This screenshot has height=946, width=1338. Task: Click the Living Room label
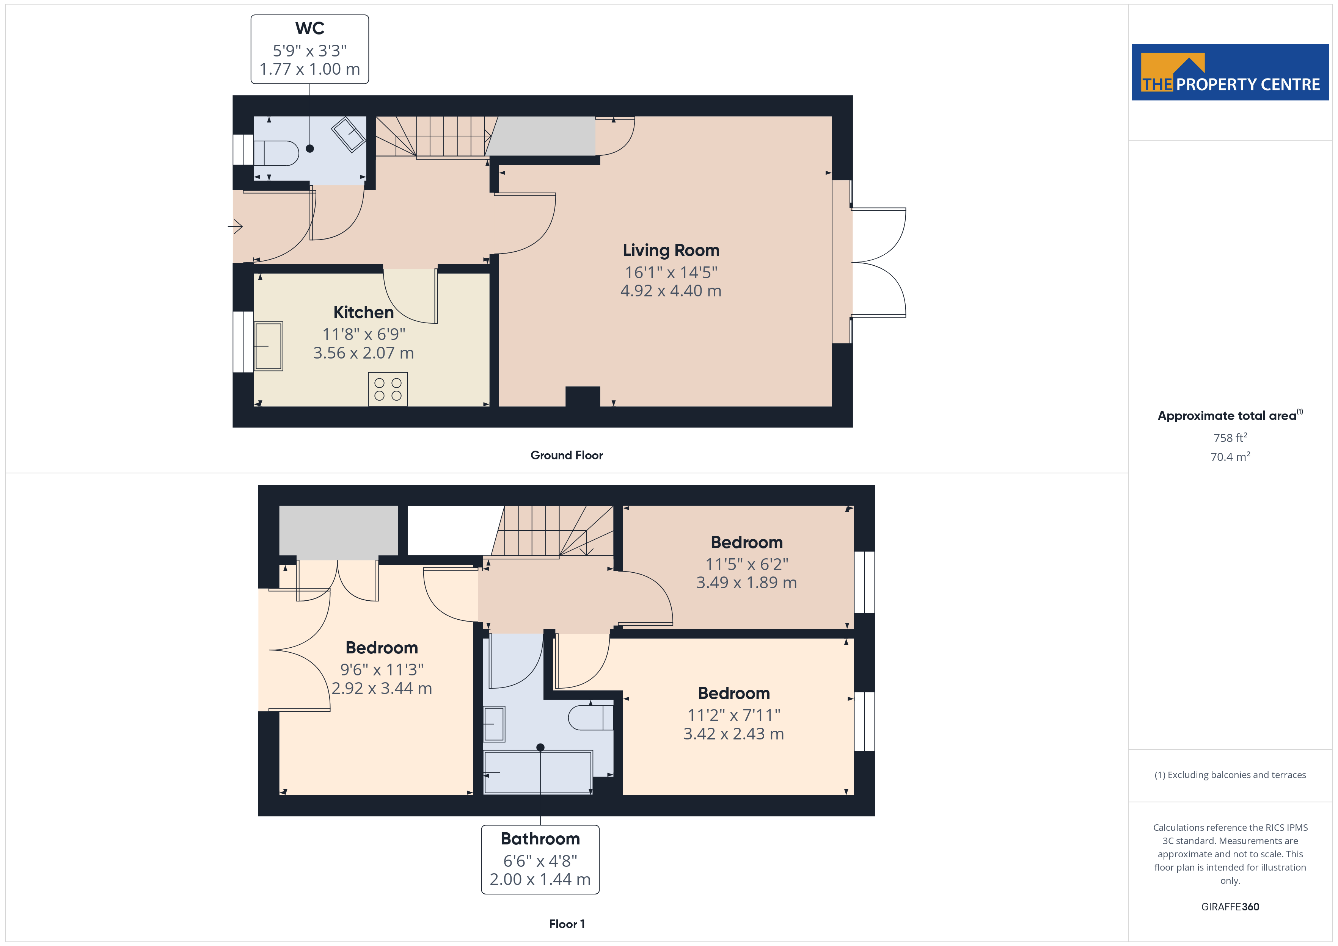pyautogui.click(x=671, y=251)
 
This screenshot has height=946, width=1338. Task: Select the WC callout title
pyautogui.click(x=309, y=28)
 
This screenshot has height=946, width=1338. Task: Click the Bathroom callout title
pyautogui.click(x=540, y=839)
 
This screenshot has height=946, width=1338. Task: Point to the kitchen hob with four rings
pyautogui.click(x=388, y=389)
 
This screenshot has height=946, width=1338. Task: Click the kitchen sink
pyautogui.click(x=268, y=346)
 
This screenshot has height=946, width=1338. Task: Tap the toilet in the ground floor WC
pyautogui.click(x=276, y=153)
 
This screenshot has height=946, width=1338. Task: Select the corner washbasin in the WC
pyautogui.click(x=349, y=135)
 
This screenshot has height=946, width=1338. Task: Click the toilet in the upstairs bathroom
pyautogui.click(x=590, y=718)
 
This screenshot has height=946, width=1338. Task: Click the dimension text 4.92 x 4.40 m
pyautogui.click(x=671, y=291)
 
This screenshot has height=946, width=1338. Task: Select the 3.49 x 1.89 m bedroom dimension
pyautogui.click(x=746, y=583)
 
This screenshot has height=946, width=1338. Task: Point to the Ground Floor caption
pyautogui.click(x=567, y=456)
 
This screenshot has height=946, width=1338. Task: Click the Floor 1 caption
pyautogui.click(x=567, y=924)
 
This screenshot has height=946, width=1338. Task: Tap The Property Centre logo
pyautogui.click(x=1230, y=72)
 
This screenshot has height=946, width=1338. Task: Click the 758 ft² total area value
pyautogui.click(x=1230, y=437)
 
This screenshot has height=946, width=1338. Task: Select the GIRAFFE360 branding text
pyautogui.click(x=1230, y=907)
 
